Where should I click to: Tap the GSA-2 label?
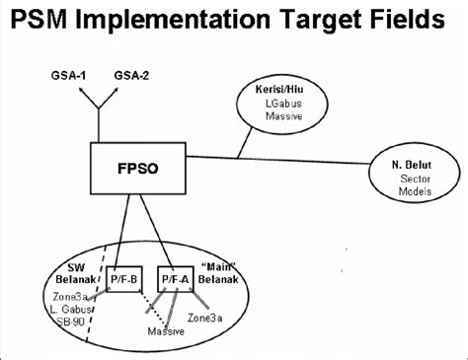pyautogui.click(x=132, y=75)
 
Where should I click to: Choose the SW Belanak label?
pyautogui.click(x=53, y=271)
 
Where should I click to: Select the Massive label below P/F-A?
pyautogui.click(x=166, y=331)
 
